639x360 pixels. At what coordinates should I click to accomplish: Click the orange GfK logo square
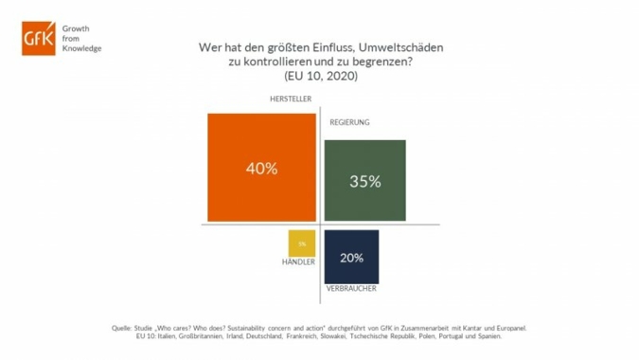(39, 38)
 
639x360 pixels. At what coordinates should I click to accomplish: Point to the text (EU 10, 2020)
(320, 76)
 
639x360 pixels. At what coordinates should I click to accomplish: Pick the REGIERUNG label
(349, 123)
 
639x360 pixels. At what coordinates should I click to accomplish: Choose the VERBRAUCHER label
(352, 287)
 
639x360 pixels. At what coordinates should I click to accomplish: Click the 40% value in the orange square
(261, 169)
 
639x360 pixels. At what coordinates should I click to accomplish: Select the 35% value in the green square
(364, 181)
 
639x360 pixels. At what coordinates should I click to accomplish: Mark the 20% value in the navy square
(351, 257)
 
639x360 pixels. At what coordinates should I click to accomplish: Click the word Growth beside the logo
(77, 29)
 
